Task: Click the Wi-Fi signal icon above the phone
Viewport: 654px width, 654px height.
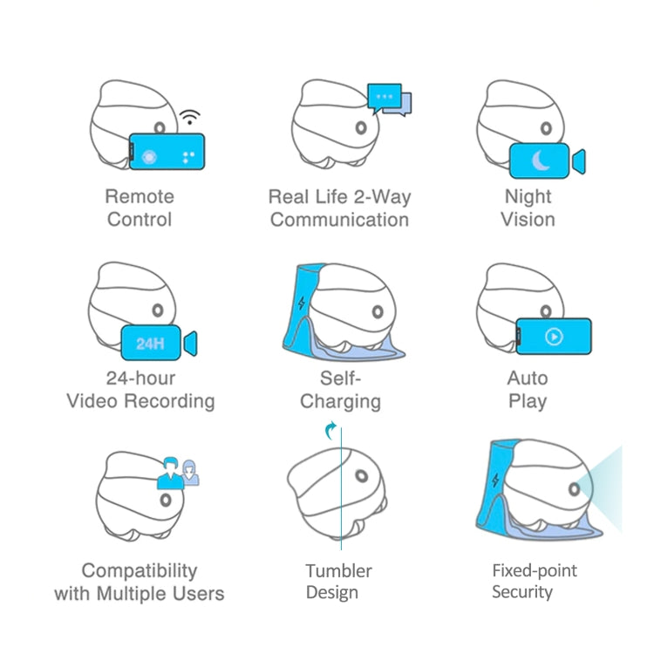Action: [190, 118]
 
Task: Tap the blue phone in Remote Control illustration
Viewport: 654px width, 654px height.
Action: [167, 153]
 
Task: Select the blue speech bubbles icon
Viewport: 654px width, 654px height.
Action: [389, 99]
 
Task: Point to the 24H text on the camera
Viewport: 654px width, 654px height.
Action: [151, 344]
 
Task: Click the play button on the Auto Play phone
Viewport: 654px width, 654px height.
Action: [554, 337]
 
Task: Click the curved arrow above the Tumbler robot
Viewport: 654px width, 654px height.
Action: [330, 429]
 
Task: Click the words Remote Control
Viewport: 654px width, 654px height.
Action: [140, 208]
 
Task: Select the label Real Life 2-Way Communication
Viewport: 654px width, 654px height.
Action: [338, 208]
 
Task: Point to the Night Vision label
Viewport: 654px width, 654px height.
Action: [528, 208]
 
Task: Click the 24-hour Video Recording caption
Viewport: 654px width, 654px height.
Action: [140, 390]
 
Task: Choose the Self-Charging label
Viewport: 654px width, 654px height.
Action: [340, 390]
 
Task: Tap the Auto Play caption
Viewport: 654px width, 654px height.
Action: [528, 390]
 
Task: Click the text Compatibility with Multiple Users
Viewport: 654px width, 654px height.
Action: [140, 582]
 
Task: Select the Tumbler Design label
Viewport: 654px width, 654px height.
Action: [338, 582]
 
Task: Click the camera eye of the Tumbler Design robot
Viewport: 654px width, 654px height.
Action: [361, 477]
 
